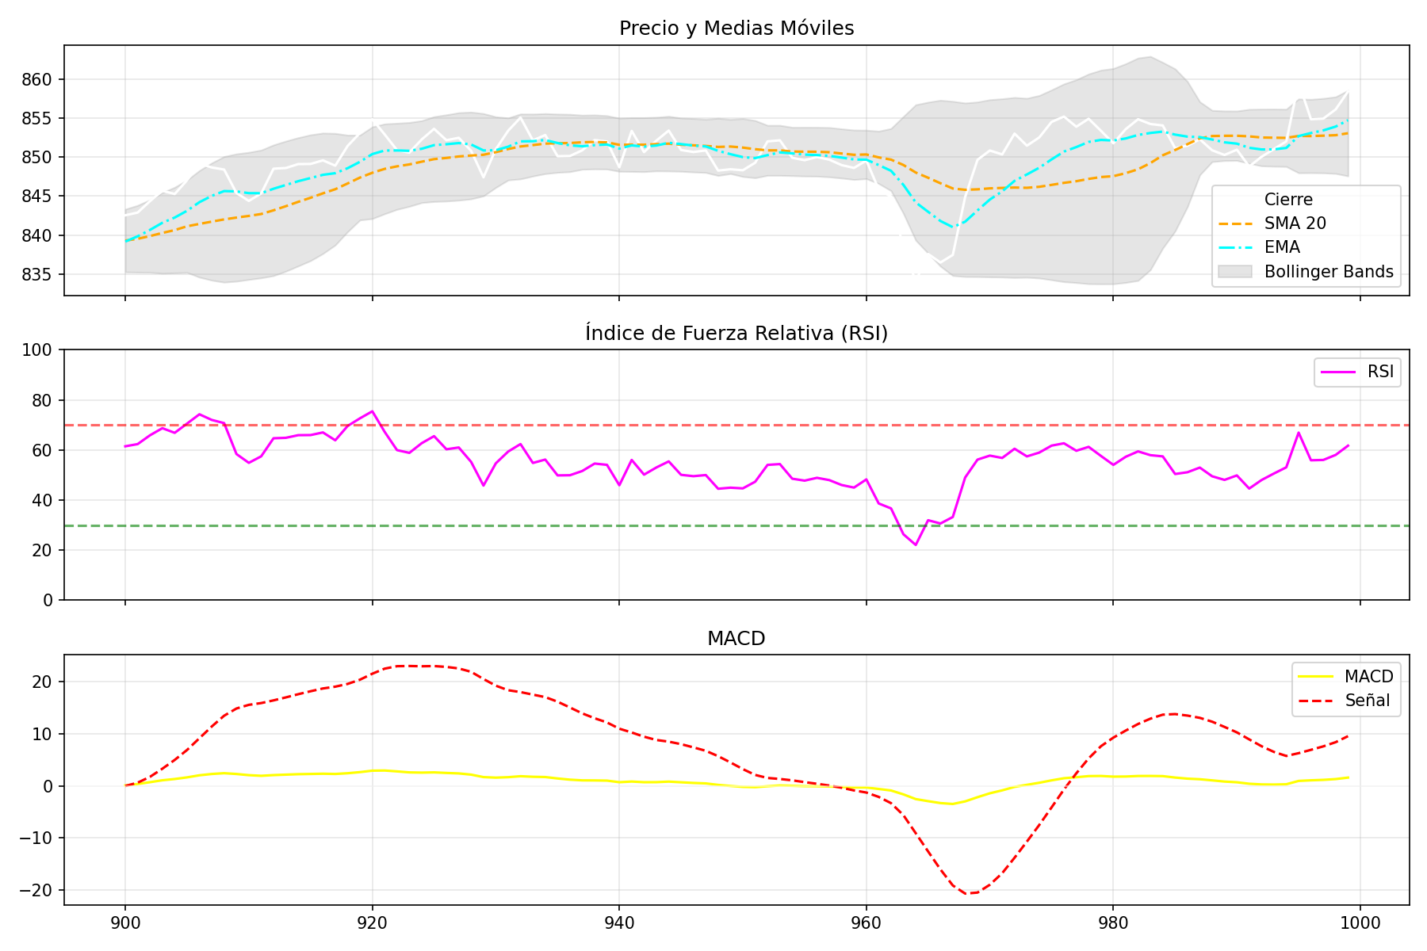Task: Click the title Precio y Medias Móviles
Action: [x=736, y=29]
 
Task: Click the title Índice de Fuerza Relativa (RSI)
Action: [x=736, y=334]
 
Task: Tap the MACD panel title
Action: [x=736, y=639]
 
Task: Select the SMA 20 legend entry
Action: [x=1295, y=223]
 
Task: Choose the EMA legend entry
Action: [x=1282, y=247]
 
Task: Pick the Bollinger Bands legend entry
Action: [x=1328, y=272]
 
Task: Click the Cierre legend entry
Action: [x=1288, y=200]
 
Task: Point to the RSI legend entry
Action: [x=1380, y=372]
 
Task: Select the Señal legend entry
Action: [x=1367, y=701]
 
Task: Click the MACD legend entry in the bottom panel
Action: [x=1368, y=677]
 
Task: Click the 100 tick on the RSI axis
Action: [x=40, y=350]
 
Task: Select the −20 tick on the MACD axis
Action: [x=36, y=891]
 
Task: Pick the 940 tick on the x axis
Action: [x=618, y=923]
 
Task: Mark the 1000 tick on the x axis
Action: [x=1360, y=923]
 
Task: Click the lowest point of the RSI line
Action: [x=916, y=544]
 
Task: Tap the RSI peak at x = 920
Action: [x=372, y=411]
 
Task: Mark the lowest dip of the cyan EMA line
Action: [x=953, y=227]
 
